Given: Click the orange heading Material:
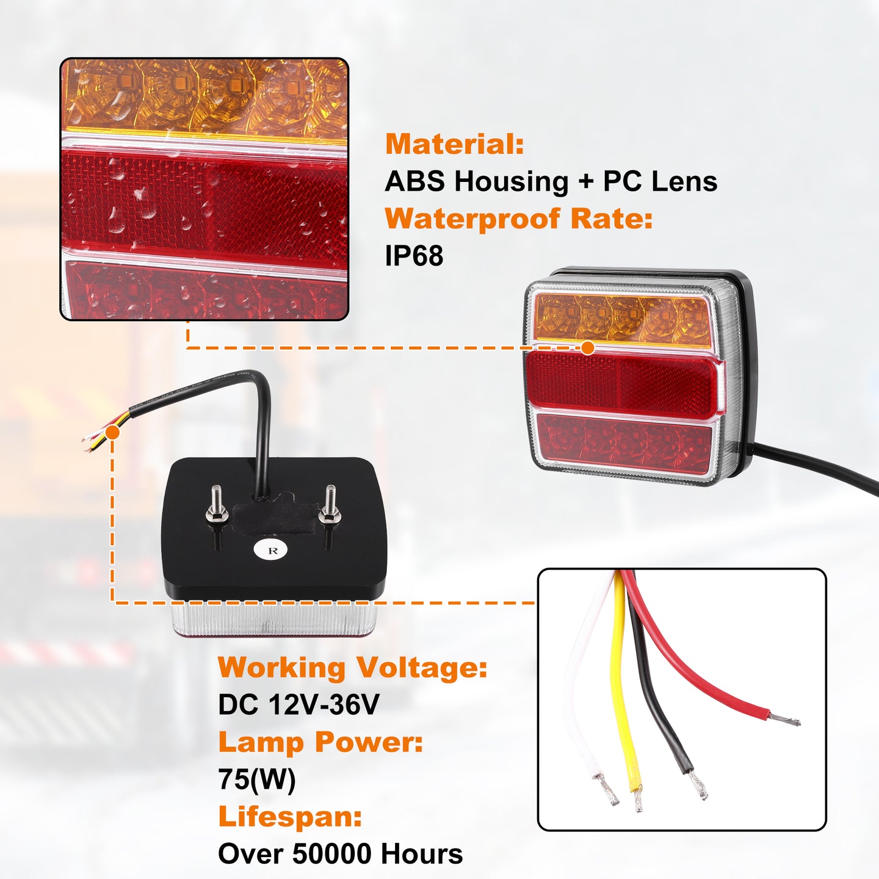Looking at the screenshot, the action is [x=454, y=144].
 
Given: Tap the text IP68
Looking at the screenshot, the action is [x=414, y=255].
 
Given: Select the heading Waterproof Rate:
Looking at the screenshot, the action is [x=519, y=219].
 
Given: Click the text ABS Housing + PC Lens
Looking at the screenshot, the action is [x=551, y=181].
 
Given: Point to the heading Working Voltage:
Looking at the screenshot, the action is [x=353, y=668].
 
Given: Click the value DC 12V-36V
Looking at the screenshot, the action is [x=298, y=705].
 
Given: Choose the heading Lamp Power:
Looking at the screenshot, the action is [x=320, y=742].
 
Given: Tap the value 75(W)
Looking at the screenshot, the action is [x=257, y=780].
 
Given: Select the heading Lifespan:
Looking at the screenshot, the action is [x=290, y=817].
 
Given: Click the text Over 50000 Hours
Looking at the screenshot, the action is [x=340, y=854].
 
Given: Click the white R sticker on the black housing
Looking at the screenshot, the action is [x=272, y=550].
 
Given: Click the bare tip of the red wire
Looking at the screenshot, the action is [x=784, y=719].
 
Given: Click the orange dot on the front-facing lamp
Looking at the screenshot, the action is [x=588, y=348].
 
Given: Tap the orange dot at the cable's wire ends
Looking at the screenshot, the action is [x=113, y=432].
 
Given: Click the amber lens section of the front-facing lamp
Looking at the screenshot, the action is [x=622, y=320].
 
